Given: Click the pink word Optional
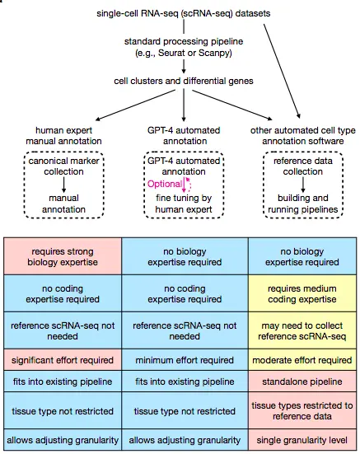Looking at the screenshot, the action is pyautogui.click(x=165, y=184).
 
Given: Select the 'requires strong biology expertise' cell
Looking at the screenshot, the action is pyautogui.click(x=63, y=256).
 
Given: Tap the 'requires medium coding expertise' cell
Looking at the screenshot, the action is pyautogui.click(x=302, y=293).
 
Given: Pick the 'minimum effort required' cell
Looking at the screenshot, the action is pyautogui.click(x=185, y=360).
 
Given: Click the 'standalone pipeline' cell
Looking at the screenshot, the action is pyautogui.click(x=302, y=381).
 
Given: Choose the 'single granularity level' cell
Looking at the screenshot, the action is pyautogui.click(x=302, y=440).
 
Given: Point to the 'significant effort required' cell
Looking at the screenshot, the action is pyautogui.click(x=63, y=360).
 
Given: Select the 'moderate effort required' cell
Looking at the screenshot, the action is pyautogui.click(x=302, y=360).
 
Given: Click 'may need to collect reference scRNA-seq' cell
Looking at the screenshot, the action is pyautogui.click(x=302, y=330).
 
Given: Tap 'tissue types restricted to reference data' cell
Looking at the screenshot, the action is pyautogui.click(x=302, y=410).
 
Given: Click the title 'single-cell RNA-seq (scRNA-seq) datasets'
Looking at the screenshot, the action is pyautogui.click(x=184, y=14).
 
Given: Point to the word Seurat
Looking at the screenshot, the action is pyautogui.click(x=171, y=53).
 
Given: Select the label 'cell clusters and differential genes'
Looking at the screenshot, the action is pyautogui.click(x=184, y=81).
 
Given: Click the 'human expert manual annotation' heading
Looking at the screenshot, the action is pyautogui.click(x=63, y=135).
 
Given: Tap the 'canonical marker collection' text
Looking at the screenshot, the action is pyautogui.click(x=63, y=166).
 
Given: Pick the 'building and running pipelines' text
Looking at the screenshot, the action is pyautogui.click(x=302, y=204).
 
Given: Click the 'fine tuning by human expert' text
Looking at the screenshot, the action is pyautogui.click(x=184, y=204).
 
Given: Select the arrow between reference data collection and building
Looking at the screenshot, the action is pyautogui.click(x=302, y=185).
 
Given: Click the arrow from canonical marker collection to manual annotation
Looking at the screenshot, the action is pyautogui.click(x=64, y=185).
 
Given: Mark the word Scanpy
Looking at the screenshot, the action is pyautogui.click(x=213, y=53).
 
